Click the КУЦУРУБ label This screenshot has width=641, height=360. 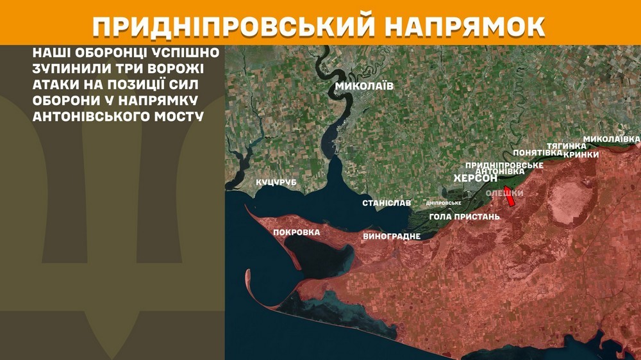[276, 183]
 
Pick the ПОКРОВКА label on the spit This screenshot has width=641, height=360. [296, 232]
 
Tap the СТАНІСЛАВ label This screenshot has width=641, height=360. [387, 203]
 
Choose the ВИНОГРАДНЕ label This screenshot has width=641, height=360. [392, 236]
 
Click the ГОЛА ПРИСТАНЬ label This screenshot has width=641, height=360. [464, 217]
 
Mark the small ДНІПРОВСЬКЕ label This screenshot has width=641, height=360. [444, 203]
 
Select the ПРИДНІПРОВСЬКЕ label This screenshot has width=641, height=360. [504, 165]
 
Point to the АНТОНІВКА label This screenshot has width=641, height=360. [502, 172]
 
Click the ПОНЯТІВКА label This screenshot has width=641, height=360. [537, 152]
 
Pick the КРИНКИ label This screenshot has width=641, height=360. [581, 154]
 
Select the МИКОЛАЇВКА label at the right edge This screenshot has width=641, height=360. [612, 139]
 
